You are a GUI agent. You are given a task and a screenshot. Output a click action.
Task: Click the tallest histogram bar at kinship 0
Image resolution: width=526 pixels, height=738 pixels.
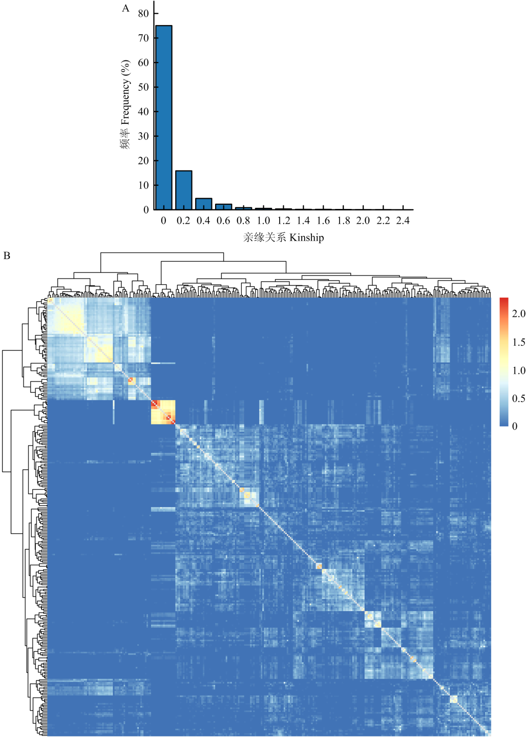tap(163, 117)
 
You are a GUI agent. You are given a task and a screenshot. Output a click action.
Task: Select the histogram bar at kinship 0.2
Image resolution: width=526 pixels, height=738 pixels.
tap(183, 190)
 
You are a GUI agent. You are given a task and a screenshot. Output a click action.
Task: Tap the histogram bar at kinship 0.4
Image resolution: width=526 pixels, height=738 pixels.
tap(203, 204)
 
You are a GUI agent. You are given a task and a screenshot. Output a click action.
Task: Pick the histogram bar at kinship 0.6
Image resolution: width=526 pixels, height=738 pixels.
tap(223, 207)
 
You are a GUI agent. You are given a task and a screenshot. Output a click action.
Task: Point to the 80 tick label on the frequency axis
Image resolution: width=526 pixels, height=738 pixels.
tap(143, 14)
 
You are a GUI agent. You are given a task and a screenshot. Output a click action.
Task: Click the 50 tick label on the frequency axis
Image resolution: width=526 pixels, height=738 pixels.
tap(143, 87)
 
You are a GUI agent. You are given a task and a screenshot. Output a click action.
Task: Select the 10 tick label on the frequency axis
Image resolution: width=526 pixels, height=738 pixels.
tap(143, 185)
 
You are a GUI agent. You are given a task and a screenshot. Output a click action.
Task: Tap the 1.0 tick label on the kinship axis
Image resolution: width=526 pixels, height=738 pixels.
tap(263, 221)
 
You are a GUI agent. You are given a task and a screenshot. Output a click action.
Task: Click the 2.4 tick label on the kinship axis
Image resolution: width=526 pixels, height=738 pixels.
tap(403, 221)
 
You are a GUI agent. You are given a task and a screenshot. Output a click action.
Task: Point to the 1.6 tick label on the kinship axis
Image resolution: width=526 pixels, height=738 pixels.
tap(323, 221)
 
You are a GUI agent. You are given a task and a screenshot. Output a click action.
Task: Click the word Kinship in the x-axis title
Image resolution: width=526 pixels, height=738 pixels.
tap(306, 238)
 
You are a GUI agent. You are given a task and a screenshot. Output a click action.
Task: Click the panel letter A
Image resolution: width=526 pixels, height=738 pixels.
tap(125, 8)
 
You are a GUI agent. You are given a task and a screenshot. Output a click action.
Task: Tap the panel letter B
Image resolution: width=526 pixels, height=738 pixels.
tap(7, 256)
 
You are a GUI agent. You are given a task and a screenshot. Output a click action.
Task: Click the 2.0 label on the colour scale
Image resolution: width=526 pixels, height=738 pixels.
tap(518, 314)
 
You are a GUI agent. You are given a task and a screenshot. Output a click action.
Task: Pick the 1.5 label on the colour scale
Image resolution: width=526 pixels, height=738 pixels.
tap(518, 342)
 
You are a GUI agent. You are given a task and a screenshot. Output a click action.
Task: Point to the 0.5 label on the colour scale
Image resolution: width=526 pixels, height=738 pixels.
tap(518, 398)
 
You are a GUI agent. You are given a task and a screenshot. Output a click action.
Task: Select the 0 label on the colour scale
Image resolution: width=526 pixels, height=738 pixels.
tap(515, 427)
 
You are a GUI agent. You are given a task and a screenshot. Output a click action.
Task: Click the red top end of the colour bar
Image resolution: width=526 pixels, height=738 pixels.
tap(504, 301)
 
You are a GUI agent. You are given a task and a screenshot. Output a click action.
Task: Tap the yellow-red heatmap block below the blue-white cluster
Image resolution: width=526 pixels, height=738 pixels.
tap(163, 412)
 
